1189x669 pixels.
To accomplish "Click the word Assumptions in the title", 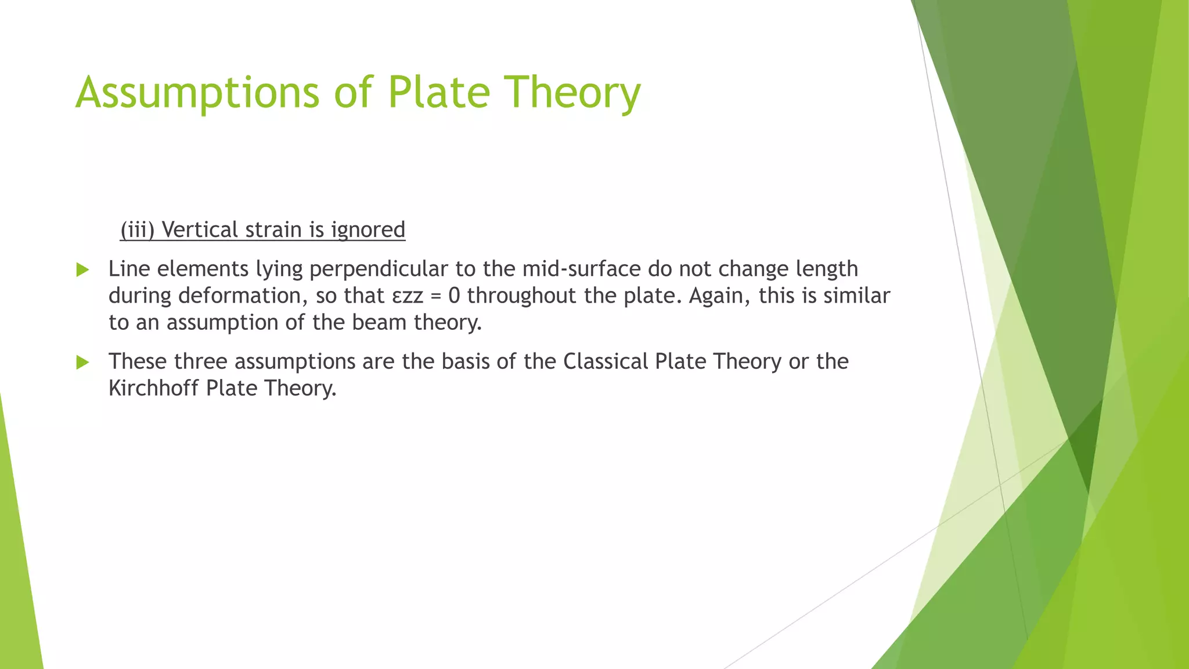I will click(x=197, y=93).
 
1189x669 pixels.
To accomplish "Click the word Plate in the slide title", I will click(x=439, y=93).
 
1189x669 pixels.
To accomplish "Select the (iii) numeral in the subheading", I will click(x=137, y=230).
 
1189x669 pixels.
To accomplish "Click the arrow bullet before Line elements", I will click(x=82, y=269).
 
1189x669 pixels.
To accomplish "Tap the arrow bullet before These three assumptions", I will click(x=82, y=362).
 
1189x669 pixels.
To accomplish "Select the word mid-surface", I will click(x=581, y=269).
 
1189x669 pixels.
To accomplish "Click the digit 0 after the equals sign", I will click(x=454, y=296).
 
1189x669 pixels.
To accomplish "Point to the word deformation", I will click(x=239, y=296).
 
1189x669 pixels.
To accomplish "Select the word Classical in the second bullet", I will click(x=606, y=361).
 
